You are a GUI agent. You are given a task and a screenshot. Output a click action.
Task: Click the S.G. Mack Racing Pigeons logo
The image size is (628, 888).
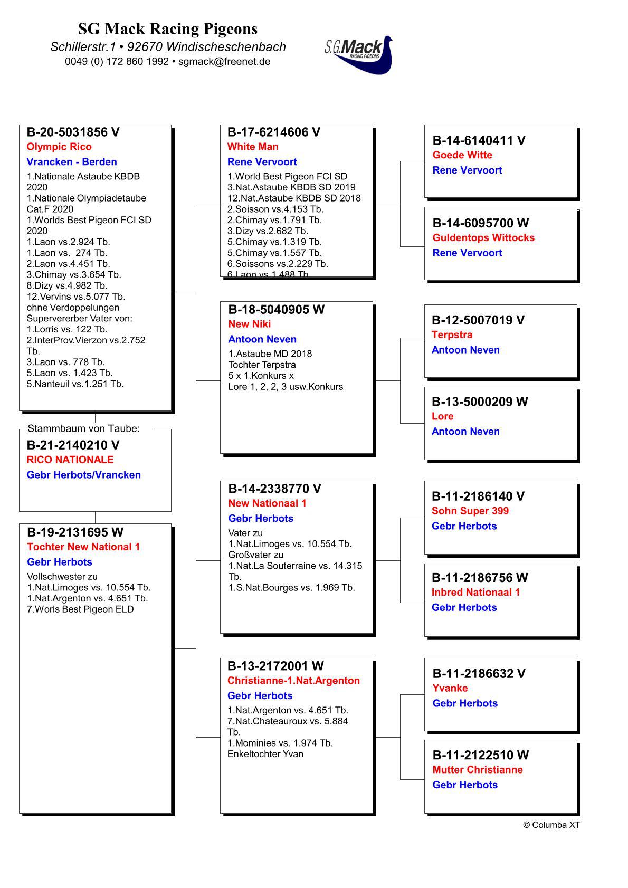359,54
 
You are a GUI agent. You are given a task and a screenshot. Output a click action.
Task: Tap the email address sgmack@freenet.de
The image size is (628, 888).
224,61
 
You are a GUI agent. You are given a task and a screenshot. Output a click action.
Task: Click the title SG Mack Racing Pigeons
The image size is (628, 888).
168,28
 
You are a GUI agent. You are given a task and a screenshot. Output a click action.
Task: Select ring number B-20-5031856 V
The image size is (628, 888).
73,132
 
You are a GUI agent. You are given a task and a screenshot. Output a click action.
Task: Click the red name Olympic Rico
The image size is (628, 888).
59,147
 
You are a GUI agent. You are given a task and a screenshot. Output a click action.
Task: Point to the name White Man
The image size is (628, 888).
252,147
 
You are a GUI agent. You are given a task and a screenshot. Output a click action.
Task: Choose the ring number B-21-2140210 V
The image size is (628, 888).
73,445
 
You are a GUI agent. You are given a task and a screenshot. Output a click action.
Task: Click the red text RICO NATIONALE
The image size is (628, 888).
70,460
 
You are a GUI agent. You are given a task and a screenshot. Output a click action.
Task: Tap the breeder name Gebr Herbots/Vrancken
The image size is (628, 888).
84,475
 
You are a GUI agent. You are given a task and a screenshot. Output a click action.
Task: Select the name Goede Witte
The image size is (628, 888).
462,155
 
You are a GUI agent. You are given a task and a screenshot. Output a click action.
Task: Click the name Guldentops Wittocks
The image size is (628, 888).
483,238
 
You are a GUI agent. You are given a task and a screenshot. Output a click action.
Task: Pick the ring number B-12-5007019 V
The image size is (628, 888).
478,320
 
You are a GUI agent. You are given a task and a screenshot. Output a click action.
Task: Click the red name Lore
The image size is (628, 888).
442,416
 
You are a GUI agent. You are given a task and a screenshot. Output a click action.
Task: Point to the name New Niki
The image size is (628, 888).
250,324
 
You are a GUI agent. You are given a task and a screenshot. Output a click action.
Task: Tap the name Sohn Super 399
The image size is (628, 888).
470,511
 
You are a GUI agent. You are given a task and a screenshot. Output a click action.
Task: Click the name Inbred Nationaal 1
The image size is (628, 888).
475,593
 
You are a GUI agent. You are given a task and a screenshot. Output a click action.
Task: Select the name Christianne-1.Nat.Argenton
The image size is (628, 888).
293,681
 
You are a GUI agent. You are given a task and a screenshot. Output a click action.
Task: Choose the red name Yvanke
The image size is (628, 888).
450,688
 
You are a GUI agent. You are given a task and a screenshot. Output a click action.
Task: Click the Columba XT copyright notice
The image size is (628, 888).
551,825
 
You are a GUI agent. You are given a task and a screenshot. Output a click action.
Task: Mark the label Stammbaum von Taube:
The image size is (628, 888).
83,429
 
